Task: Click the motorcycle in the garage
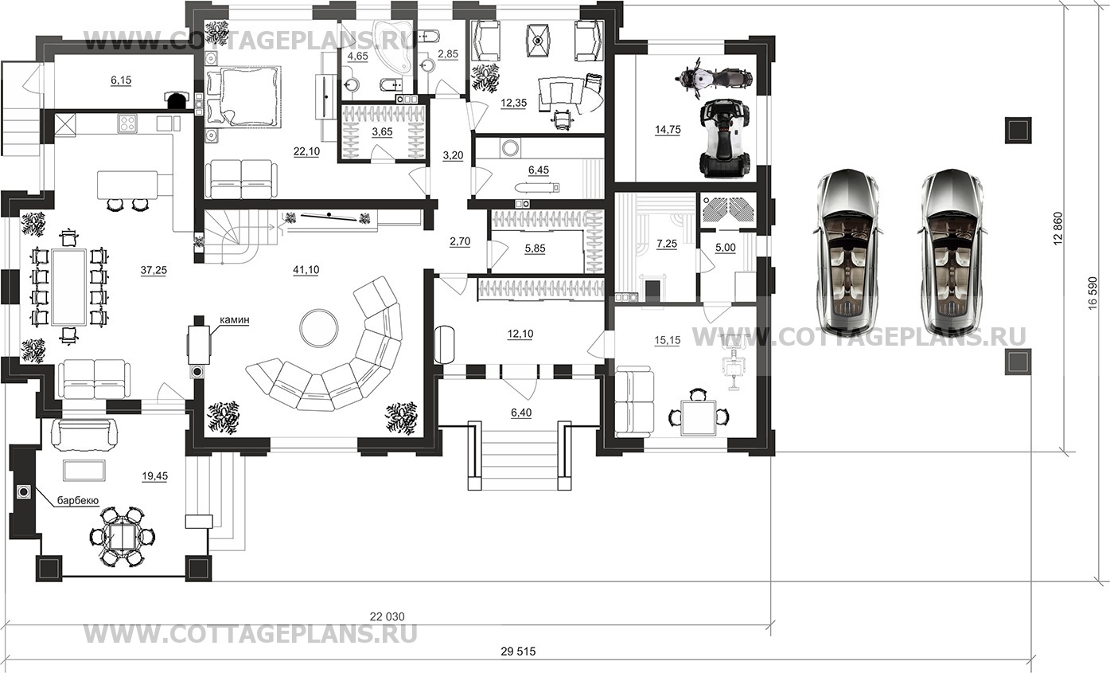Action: pyautogui.click(x=714, y=78)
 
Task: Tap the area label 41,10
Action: pyautogui.click(x=306, y=270)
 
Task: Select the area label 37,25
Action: pyautogui.click(x=154, y=270)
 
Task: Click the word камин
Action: pyautogui.click(x=235, y=320)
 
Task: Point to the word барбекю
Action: pyautogui.click(x=78, y=500)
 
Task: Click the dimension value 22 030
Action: pyautogui.click(x=387, y=616)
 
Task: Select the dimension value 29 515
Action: pyautogui.click(x=518, y=651)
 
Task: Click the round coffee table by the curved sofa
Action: pyautogui.click(x=319, y=328)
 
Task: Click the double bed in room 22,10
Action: pyautogui.click(x=243, y=96)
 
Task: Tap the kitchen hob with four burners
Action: pyautogui.click(x=127, y=123)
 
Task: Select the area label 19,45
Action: pyautogui.click(x=154, y=476)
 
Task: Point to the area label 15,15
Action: pyautogui.click(x=667, y=341)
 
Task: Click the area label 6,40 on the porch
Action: pyautogui.click(x=521, y=413)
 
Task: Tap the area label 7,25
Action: pyautogui.click(x=667, y=244)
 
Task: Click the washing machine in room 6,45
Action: pyautogui.click(x=510, y=148)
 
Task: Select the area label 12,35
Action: pyautogui.click(x=513, y=104)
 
